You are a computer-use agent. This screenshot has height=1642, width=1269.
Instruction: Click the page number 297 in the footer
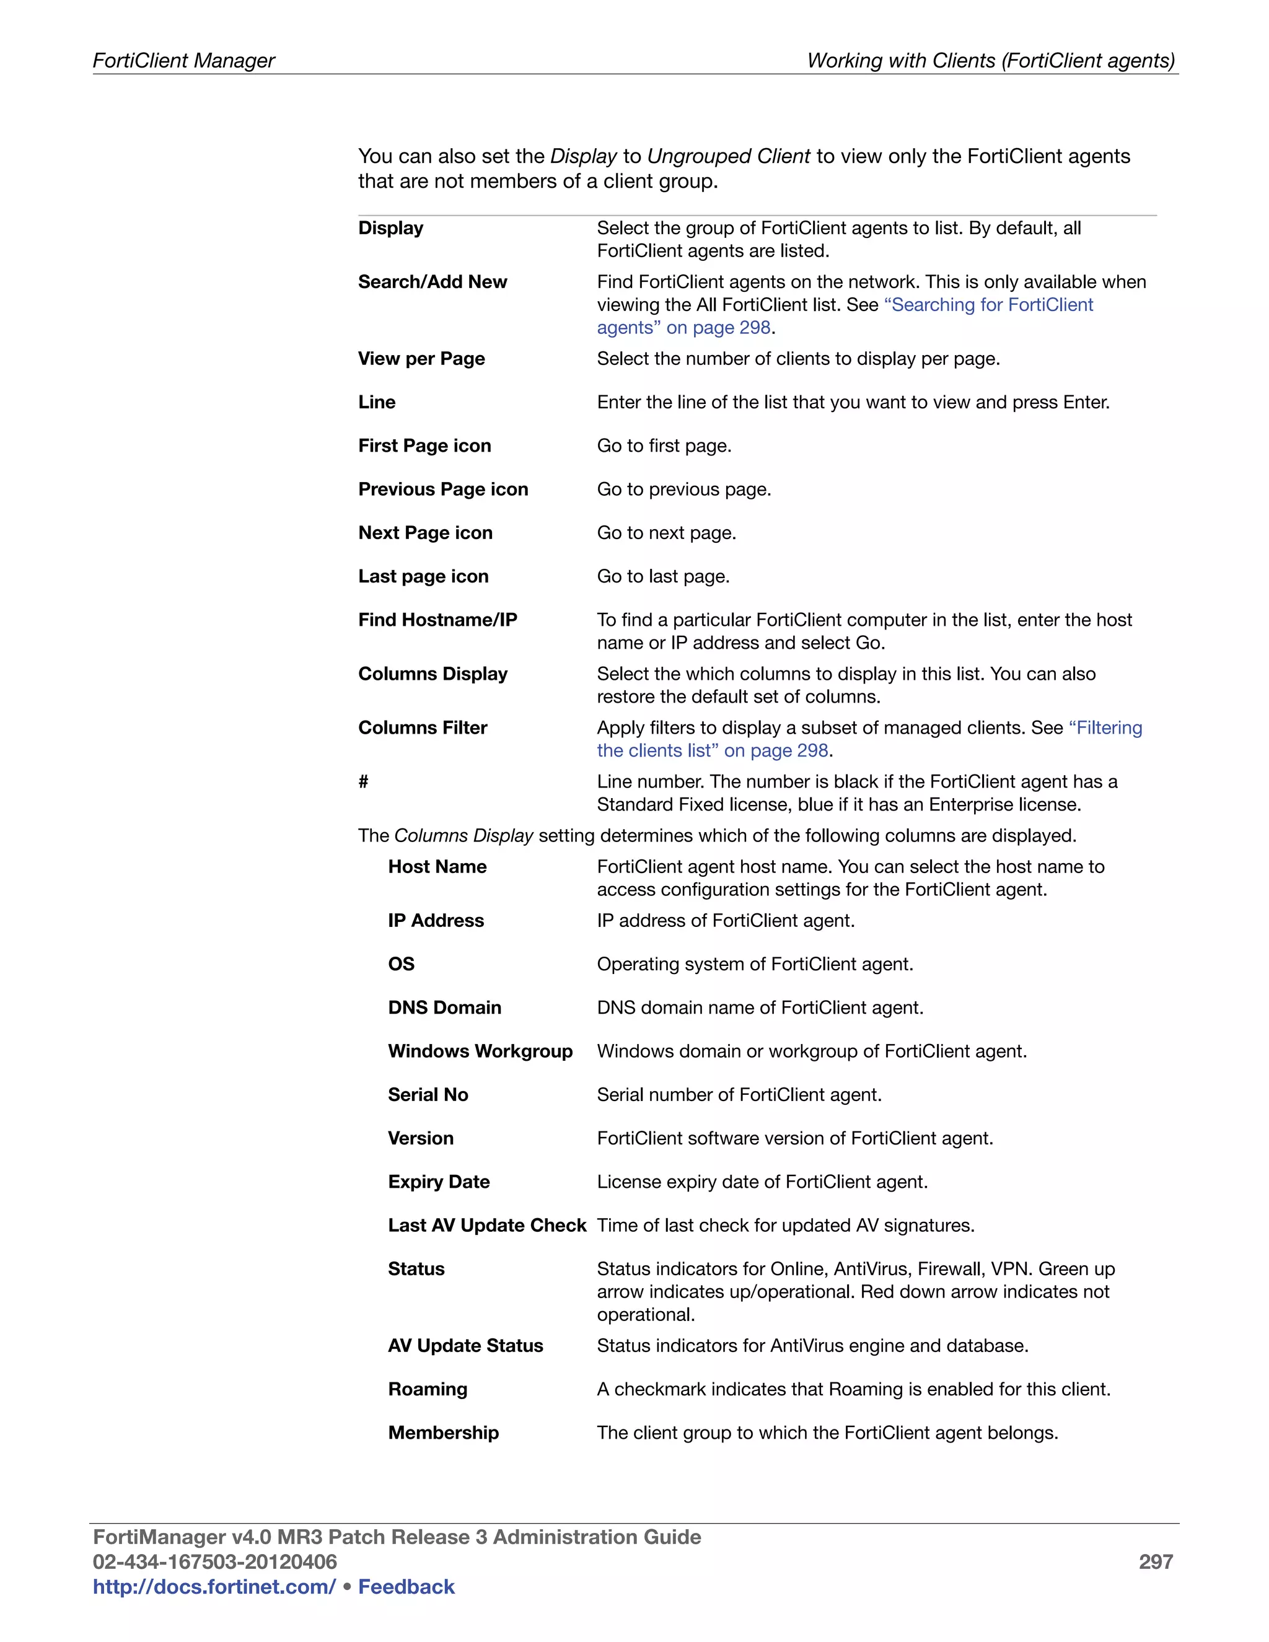coord(1155,1561)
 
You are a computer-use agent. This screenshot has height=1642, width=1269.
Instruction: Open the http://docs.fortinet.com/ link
coord(214,1586)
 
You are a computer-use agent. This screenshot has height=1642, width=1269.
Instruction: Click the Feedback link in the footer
coord(406,1586)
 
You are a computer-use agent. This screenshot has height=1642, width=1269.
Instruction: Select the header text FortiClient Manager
coord(183,60)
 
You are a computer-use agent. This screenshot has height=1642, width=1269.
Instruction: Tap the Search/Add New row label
coord(433,282)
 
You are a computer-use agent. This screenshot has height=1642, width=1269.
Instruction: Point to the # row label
coord(363,782)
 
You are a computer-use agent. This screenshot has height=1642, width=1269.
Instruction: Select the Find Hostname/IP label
coord(437,620)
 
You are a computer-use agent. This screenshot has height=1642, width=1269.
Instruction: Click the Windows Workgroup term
coord(480,1051)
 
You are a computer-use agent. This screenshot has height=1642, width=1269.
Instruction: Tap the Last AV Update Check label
coord(486,1226)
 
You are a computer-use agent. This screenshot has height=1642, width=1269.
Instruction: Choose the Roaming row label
coord(427,1389)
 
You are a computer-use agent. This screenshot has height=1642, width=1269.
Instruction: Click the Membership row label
coord(443,1433)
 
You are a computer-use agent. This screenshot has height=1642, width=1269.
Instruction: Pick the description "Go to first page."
coord(664,446)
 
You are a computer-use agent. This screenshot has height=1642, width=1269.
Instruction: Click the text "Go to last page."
coord(663,577)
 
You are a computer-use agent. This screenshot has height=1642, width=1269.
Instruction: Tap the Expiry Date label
coord(438,1182)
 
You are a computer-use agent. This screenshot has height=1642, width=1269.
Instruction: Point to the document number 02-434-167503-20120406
coord(214,1561)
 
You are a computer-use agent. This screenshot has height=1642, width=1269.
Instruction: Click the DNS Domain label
coord(444,1008)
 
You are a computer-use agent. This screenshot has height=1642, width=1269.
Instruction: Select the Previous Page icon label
coord(443,490)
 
